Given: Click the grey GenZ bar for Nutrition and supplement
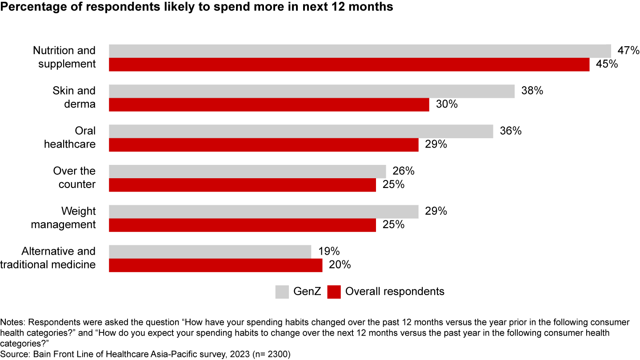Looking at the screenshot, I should point(360,51).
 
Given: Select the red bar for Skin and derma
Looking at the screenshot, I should point(269,105).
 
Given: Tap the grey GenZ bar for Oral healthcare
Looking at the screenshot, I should point(301,132).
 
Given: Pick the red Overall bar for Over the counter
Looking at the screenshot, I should point(242,185).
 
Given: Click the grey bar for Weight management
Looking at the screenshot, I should point(264,212).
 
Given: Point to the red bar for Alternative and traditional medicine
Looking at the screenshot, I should point(216,265).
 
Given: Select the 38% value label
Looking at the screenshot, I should point(532,91).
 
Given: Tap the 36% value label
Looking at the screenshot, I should point(511,132).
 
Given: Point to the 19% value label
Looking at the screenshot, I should point(329,252).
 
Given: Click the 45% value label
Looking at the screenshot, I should point(607,64).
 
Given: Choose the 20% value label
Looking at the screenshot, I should point(340,265).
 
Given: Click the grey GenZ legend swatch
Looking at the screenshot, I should point(282,292).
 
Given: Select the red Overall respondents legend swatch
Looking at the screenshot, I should point(334,292).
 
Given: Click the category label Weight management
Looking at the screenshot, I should point(63,218).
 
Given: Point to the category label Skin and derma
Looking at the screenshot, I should point(74,97).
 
